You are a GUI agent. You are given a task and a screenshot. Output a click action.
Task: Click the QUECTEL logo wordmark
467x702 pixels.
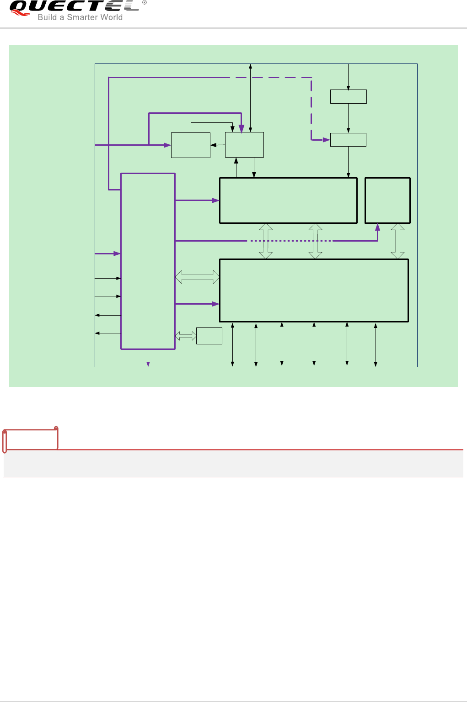point(73,6)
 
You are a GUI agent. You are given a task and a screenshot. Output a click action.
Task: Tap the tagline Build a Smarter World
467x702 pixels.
point(80,17)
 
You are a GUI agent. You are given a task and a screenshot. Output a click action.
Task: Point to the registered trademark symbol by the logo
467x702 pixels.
point(145,3)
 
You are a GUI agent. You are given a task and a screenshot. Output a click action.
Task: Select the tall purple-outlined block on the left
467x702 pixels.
point(148,261)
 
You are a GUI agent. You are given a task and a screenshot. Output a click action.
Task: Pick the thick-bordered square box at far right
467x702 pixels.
point(387,201)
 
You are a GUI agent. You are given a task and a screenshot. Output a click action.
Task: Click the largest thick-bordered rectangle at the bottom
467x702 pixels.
point(314,290)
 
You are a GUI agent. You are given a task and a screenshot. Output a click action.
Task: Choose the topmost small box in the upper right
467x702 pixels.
point(349,97)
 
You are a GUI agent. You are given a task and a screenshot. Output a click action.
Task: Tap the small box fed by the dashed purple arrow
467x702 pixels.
point(349,140)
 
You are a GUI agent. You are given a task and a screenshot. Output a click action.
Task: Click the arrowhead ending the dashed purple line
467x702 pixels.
point(327,140)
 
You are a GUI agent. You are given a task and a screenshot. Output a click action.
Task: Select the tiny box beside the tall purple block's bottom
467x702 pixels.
point(209,336)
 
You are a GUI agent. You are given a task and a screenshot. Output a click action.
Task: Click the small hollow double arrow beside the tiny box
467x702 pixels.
point(186,336)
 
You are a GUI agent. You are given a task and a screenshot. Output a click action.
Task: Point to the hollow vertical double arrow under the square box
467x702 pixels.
point(397,241)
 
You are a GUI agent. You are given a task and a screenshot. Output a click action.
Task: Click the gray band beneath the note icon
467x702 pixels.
point(233,464)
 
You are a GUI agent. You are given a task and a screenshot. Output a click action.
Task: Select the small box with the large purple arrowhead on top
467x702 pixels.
point(244,145)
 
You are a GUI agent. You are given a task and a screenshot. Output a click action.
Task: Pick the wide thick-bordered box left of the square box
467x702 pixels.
point(288,201)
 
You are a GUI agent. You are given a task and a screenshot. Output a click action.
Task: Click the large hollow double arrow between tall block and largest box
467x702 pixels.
point(197,277)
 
